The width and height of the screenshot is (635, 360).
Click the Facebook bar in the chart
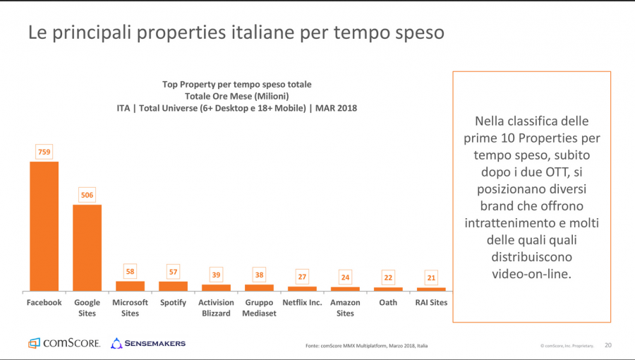[44, 226]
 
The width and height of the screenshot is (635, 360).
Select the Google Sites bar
[87, 248]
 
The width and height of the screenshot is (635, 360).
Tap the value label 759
[44, 152]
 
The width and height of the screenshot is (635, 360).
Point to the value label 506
[87, 195]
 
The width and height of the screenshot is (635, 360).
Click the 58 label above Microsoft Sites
[130, 271]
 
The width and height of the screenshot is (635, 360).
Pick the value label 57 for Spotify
[173, 272]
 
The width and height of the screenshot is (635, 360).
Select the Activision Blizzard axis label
[216, 308]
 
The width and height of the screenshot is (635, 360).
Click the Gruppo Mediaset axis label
[259, 308]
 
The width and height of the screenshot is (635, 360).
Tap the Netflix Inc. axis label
[302, 303]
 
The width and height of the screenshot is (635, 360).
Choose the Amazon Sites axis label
[345, 308]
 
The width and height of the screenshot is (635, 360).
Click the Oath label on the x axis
[388, 303]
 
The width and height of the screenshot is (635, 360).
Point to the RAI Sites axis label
[431, 303]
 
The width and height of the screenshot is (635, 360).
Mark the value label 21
[431, 277]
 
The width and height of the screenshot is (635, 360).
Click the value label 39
[216, 275]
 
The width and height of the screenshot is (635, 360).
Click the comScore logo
[64, 344]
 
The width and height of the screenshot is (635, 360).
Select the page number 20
[608, 345]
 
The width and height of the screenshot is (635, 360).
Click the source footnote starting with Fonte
[366, 346]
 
